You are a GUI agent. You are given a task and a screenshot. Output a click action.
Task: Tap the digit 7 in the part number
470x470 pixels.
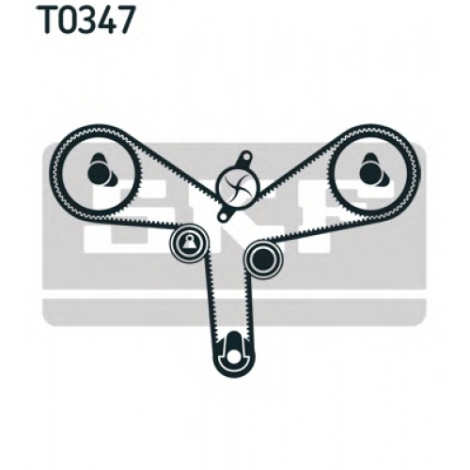tap(127, 20)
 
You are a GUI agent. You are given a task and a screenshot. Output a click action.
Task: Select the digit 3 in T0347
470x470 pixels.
tap(88, 20)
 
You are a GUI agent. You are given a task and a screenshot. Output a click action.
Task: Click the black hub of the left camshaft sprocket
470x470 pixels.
tap(98, 172)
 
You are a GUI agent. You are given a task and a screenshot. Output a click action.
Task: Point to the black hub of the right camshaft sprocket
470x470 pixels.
tap(370, 172)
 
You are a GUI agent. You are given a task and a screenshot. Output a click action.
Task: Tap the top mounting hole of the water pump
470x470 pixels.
tap(246, 155)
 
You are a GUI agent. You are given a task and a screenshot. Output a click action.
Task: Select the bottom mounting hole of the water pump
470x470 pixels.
tap(223, 216)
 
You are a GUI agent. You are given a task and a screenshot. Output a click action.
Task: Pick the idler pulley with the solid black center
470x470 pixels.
tap(264, 258)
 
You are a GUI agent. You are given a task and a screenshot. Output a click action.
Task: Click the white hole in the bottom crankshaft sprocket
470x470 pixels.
tap(233, 356)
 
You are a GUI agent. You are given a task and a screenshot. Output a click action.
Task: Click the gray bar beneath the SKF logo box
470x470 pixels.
tap(234, 312)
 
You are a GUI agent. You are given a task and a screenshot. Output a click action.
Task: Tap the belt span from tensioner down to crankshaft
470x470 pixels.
tap(210, 299)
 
